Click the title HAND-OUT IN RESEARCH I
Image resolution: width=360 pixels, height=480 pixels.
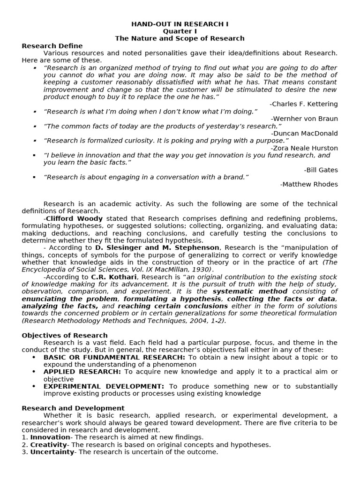tap(180, 24)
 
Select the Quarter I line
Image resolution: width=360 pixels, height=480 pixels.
tap(180, 31)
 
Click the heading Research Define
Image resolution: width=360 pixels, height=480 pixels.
tap(52, 46)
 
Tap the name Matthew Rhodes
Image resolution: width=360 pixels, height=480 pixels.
tap(309, 185)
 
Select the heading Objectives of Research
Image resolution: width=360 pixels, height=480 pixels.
tap(65, 336)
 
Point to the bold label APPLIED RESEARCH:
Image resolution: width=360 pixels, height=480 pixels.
tap(82, 372)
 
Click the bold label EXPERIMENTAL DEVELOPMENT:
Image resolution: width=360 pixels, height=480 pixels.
tap(104, 386)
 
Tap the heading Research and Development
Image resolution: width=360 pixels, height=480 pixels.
tap(73, 408)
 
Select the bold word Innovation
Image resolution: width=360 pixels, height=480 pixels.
tap(50, 437)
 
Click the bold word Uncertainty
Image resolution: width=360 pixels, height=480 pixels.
tap(52, 452)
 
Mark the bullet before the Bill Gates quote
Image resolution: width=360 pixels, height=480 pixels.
tap(34, 155)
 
